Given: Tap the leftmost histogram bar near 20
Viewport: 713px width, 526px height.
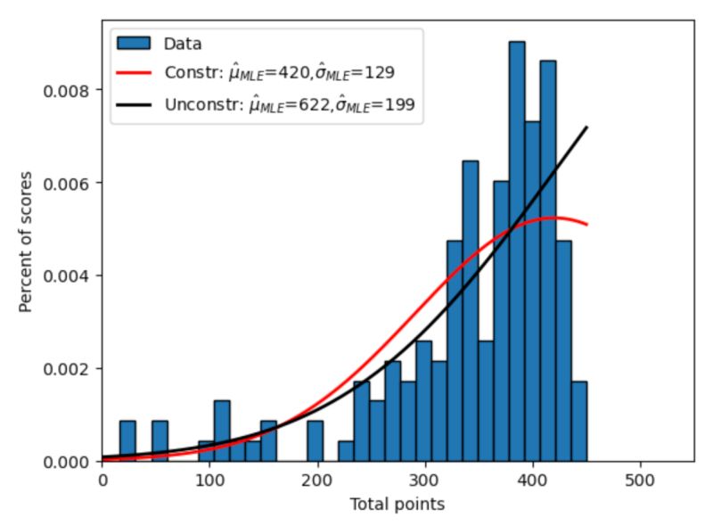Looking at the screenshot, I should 127,441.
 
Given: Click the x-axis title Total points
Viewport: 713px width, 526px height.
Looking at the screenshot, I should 397,505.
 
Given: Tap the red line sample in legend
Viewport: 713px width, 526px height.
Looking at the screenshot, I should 135,74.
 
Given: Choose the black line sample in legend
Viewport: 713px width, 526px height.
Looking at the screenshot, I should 135,105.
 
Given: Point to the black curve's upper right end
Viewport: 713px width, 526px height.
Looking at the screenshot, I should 586,128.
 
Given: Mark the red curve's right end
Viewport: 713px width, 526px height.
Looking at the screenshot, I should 586,224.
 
